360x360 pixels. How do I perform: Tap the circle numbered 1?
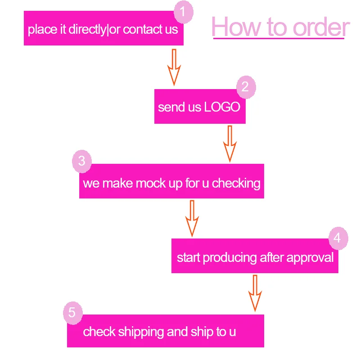183,12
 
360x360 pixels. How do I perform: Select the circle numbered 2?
245,87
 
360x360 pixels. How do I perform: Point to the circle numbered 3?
82,161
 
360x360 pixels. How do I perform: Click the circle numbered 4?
338,237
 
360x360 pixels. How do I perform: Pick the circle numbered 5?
72,312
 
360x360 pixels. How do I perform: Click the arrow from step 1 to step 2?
174,67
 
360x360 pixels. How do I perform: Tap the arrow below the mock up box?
192,218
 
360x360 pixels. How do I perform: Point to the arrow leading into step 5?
255,293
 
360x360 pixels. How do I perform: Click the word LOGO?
222,107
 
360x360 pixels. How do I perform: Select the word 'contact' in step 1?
143,30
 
